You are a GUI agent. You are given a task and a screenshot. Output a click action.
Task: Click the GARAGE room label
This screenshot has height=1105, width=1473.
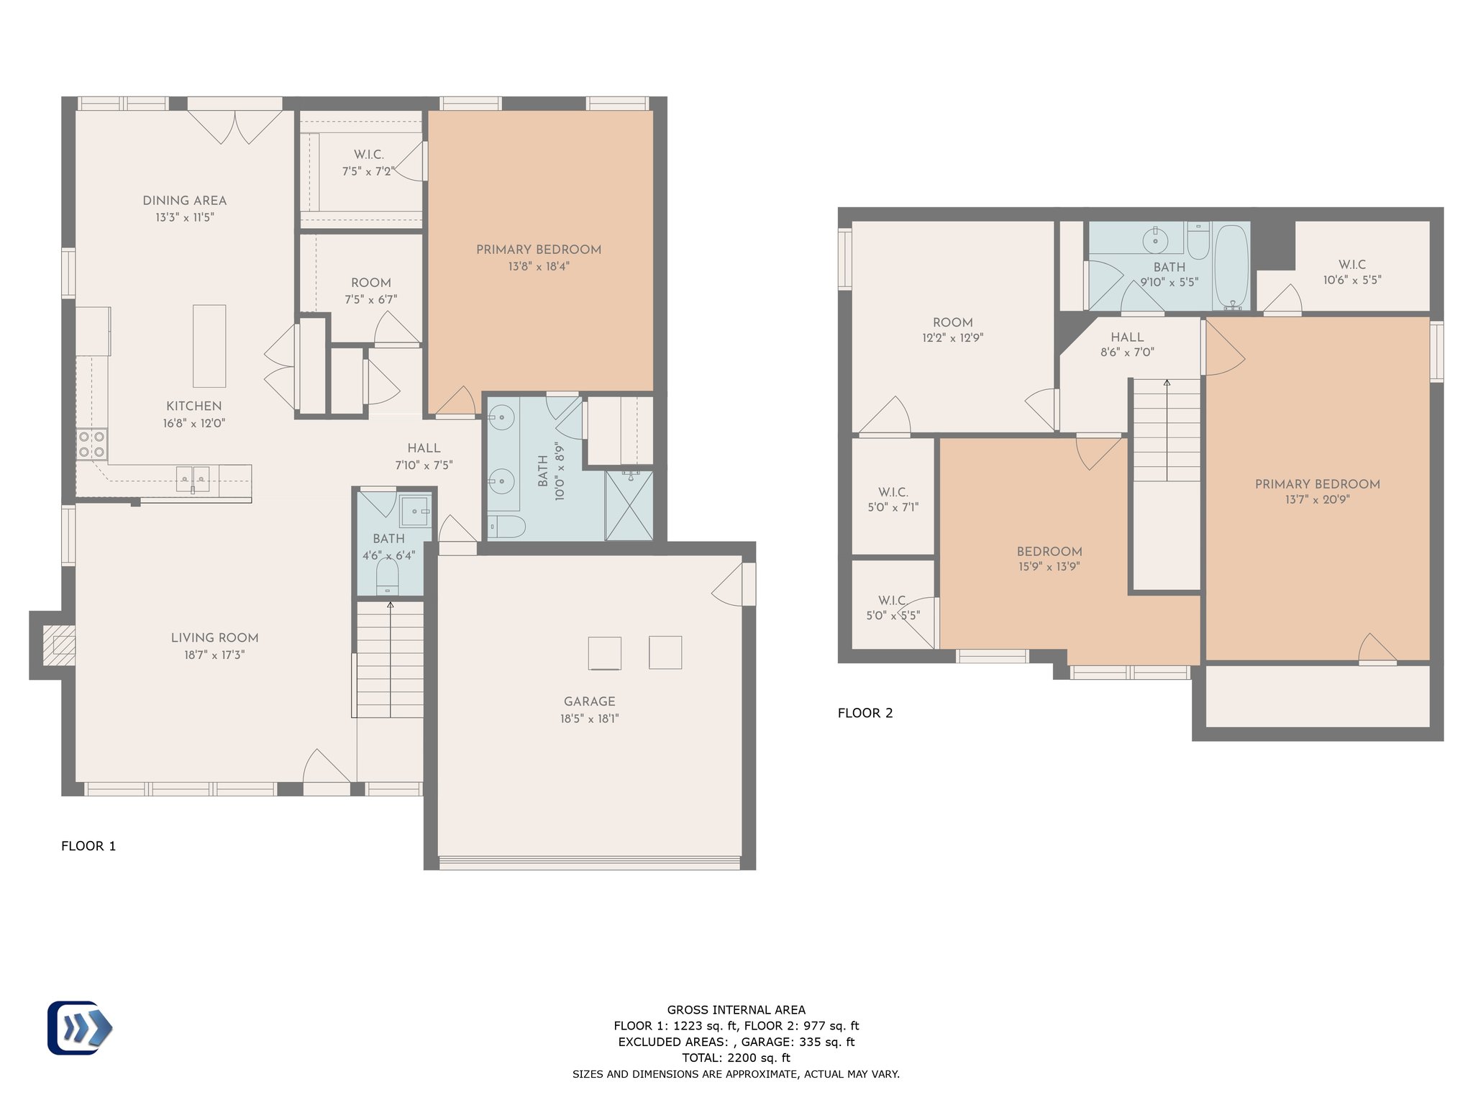pyautogui.click(x=590, y=701)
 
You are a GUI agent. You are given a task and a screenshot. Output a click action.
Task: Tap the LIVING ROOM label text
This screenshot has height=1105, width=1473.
pyautogui.click(x=214, y=638)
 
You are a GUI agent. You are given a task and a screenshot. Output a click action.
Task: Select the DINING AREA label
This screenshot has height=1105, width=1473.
pyautogui.click(x=185, y=201)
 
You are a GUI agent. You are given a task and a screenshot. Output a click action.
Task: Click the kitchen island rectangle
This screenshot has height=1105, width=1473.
pyautogui.click(x=209, y=346)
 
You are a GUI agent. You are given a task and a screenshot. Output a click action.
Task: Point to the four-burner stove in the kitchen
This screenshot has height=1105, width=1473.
pyautogui.click(x=92, y=444)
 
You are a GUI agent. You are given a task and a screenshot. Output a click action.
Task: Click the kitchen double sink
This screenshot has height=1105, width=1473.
pyautogui.click(x=193, y=479)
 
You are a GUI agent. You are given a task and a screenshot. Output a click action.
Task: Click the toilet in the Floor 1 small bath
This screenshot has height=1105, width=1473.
pyautogui.click(x=388, y=576)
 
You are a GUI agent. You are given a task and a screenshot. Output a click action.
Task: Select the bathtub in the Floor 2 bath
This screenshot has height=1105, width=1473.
pyautogui.click(x=1231, y=267)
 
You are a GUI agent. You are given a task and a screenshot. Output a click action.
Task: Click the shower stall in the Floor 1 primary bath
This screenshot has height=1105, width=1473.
pyautogui.click(x=629, y=505)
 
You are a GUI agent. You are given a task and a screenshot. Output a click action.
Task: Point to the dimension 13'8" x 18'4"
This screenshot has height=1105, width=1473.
pyautogui.click(x=539, y=267)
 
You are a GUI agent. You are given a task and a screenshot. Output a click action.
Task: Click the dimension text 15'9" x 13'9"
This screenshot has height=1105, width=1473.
pyautogui.click(x=1049, y=567)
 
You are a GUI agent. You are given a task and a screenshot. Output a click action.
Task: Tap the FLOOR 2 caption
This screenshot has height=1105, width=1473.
pyautogui.click(x=865, y=713)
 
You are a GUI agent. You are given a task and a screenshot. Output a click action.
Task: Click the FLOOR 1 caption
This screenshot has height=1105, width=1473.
pyautogui.click(x=88, y=846)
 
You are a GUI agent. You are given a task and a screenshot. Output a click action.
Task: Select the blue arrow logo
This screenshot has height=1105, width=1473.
pyautogui.click(x=80, y=1028)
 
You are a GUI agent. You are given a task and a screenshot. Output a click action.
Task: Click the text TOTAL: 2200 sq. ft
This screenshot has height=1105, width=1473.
pyautogui.click(x=736, y=1058)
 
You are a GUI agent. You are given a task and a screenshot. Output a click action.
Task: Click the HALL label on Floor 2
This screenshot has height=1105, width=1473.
pyautogui.click(x=1127, y=337)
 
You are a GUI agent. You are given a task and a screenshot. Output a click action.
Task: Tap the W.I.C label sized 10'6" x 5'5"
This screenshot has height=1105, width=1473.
pyautogui.click(x=1352, y=265)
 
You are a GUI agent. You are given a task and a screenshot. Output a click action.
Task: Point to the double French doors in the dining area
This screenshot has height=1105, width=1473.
pyautogui.click(x=235, y=127)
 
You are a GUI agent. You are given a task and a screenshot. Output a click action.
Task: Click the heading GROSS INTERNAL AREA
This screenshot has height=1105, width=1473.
pyautogui.click(x=736, y=1010)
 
